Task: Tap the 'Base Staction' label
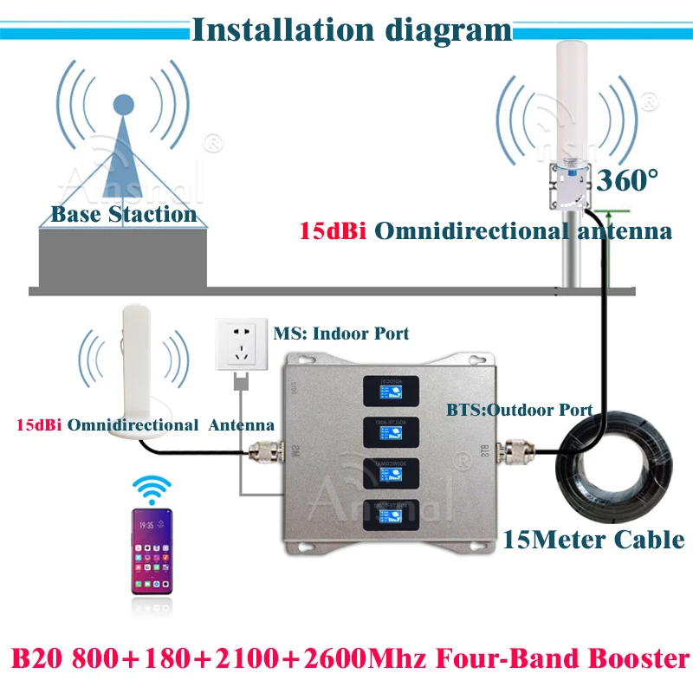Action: tap(124, 214)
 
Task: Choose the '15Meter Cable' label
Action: tap(593, 540)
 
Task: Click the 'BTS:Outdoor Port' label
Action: tap(518, 410)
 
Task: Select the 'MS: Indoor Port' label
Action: tap(341, 333)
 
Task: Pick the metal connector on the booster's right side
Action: tap(518, 450)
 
